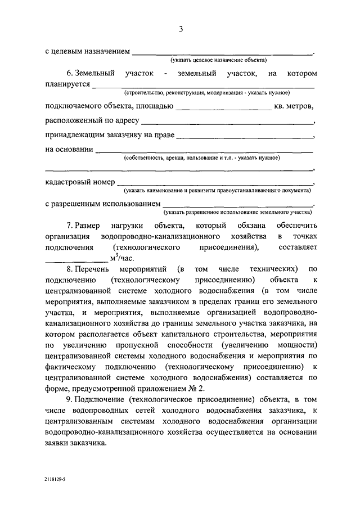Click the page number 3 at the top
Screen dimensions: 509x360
pos(181,29)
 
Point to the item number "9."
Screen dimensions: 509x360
pos(70,399)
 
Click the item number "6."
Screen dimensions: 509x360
pos(70,73)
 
